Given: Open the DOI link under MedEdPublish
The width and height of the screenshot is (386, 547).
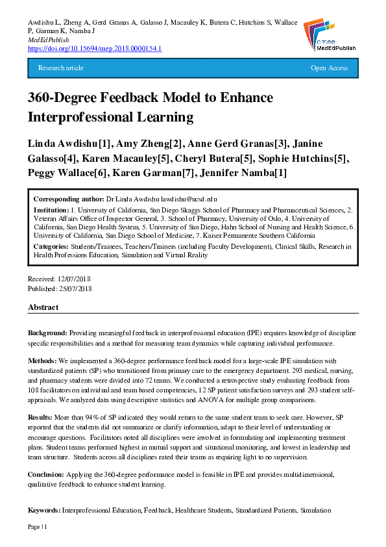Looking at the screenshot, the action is tap(95, 49).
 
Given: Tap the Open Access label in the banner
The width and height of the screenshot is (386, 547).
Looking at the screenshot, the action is tap(329, 68).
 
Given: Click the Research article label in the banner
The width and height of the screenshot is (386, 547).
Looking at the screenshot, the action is tap(61, 68).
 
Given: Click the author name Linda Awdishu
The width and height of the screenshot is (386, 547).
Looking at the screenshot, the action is tap(67, 143).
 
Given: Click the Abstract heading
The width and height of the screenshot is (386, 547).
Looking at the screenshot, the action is tap(43, 307).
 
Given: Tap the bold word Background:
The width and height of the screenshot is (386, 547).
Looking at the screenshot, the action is tap(47, 333).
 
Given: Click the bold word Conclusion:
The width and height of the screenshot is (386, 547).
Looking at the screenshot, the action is tap(47, 475).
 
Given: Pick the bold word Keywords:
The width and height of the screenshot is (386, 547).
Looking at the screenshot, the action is tap(45, 511).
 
